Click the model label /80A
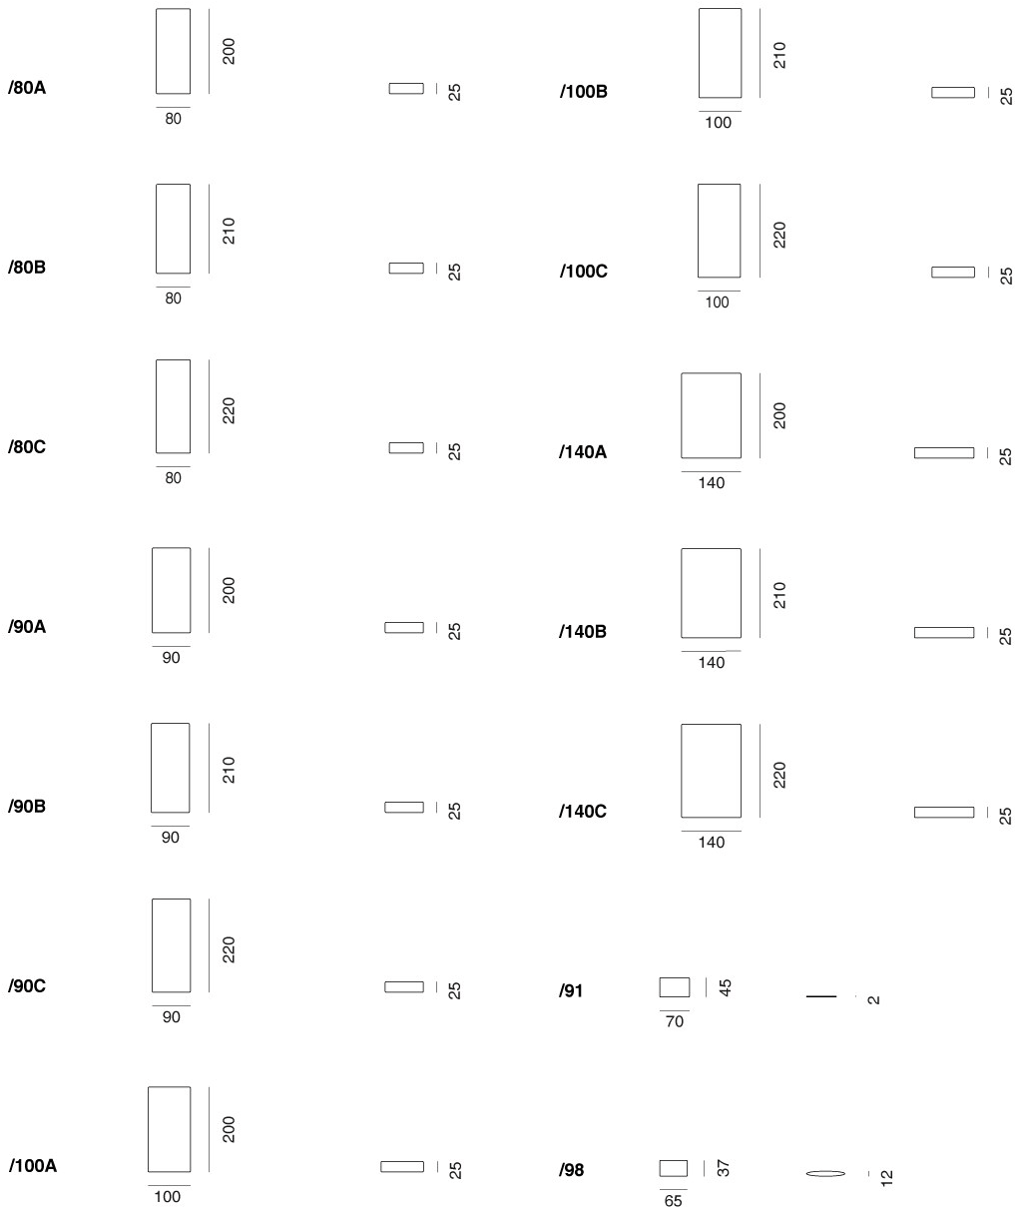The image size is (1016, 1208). click(27, 88)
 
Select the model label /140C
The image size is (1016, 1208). click(583, 811)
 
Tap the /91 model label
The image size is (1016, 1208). click(571, 991)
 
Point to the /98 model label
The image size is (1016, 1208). click(571, 1170)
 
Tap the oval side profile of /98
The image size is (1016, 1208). click(825, 1173)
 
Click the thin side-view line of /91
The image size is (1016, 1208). click(821, 996)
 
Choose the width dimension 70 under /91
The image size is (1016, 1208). click(675, 1021)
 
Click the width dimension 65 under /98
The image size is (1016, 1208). click(673, 1200)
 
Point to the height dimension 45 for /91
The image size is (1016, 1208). click(726, 987)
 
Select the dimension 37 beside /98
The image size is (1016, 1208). click(724, 1168)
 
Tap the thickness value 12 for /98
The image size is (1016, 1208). click(886, 1178)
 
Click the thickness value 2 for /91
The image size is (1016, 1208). click(873, 999)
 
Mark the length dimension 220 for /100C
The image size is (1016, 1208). click(779, 235)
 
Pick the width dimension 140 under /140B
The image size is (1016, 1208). click(711, 663)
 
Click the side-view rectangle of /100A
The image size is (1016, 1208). click(402, 1166)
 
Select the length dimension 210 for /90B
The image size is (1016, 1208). click(229, 770)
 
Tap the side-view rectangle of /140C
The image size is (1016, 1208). click(944, 813)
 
